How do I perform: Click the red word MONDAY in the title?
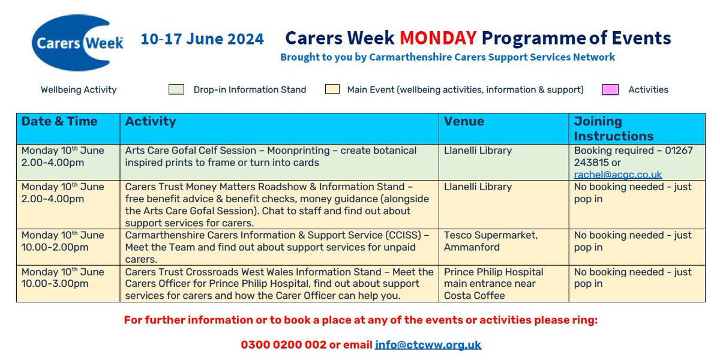point(438,38)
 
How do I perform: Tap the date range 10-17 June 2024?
point(202,40)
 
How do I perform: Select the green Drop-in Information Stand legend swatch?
point(176,89)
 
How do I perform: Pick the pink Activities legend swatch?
point(610,89)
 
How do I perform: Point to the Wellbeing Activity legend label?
point(79,90)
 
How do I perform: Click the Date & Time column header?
point(59,121)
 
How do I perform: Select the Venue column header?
point(464,121)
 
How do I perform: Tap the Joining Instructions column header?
point(614,128)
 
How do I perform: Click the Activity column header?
point(151,121)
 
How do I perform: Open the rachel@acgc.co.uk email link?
point(618,175)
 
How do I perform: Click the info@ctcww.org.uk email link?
point(428,345)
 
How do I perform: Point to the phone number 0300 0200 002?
point(284,345)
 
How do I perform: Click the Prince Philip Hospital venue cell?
point(493,283)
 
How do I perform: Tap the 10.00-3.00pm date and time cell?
point(55,284)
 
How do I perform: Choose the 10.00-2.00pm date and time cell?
point(55,247)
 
